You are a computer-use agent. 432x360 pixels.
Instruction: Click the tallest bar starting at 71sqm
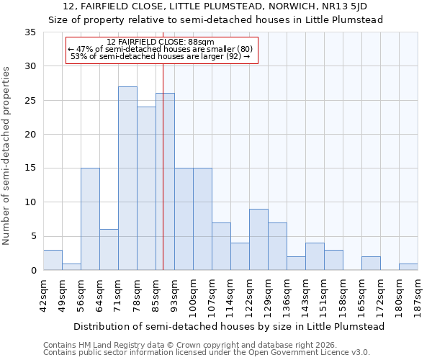[127, 179]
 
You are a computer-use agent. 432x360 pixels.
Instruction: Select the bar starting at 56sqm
[90, 219]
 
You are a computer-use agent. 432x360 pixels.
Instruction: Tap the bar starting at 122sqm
[258, 240]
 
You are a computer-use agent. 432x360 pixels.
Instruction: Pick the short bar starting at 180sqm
[408, 267]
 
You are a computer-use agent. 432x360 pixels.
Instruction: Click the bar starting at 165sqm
[371, 264]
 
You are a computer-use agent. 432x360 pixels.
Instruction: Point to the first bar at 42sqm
[53, 260]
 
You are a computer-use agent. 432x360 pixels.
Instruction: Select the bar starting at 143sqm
[315, 257]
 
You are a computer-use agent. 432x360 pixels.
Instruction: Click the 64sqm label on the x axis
[99, 292]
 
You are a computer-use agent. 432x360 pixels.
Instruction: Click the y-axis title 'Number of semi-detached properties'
[7, 156]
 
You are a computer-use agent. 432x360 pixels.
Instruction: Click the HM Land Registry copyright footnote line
[204, 345]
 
